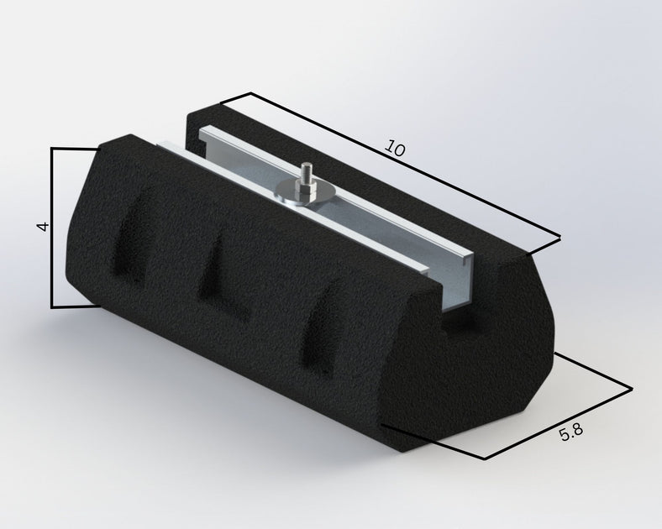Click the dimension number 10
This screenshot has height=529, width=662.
point(395,149)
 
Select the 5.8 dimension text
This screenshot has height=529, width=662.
point(570,432)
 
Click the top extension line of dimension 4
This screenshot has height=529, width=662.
point(76,149)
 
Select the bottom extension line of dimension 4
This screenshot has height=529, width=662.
point(76,307)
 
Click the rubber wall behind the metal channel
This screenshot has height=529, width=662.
point(336,160)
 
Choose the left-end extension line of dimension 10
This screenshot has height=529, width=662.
point(237,98)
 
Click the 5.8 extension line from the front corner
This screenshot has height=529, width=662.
point(433,442)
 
